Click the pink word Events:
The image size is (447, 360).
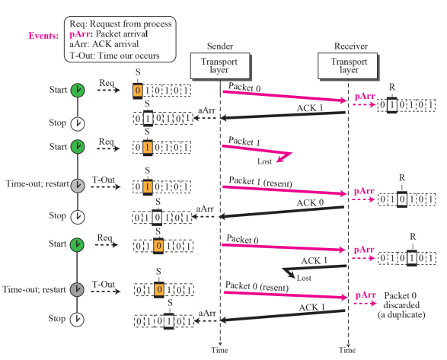pos(43,36)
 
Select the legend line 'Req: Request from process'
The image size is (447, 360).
pos(120,24)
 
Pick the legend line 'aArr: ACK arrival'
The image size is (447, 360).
pos(104,44)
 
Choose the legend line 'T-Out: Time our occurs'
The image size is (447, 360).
pos(114,56)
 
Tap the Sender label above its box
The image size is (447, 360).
pos(220,46)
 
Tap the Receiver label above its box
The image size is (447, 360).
pos(351,46)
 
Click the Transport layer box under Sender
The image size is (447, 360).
pos(220,66)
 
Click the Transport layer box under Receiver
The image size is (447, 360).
pos(348,66)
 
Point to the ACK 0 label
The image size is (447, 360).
pos(310,202)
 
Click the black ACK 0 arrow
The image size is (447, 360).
pos(282,212)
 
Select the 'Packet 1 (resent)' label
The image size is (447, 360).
pos(260,182)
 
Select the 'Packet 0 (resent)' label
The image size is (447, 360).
pos(257,286)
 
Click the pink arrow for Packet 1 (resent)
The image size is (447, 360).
pos(285,190)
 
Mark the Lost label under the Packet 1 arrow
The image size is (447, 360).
pos(264,161)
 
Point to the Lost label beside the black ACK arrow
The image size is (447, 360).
pos(304,278)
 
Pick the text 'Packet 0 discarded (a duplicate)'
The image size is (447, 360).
pos(401,305)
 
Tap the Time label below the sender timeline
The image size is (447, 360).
pos(219,350)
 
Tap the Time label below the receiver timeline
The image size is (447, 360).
pos(347,350)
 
